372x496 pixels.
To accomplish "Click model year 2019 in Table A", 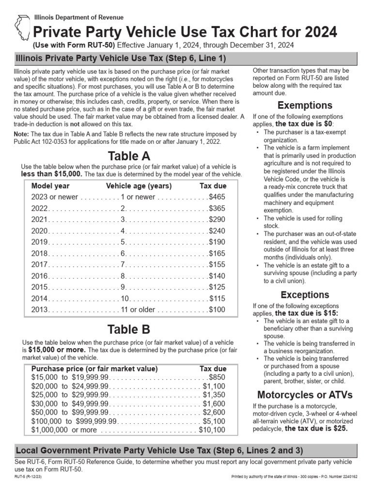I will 40,242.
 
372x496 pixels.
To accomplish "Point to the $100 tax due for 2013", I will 217,309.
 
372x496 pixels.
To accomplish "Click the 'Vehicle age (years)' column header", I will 139,186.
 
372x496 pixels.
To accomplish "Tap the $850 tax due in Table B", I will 217,377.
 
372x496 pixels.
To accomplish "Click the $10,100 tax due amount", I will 212,430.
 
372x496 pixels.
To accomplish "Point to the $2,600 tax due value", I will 214,412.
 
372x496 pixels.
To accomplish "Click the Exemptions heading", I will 305,105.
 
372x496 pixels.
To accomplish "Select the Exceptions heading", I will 305,294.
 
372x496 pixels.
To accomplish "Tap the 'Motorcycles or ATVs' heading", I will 305,394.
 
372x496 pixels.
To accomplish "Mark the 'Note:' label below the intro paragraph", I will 22,134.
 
